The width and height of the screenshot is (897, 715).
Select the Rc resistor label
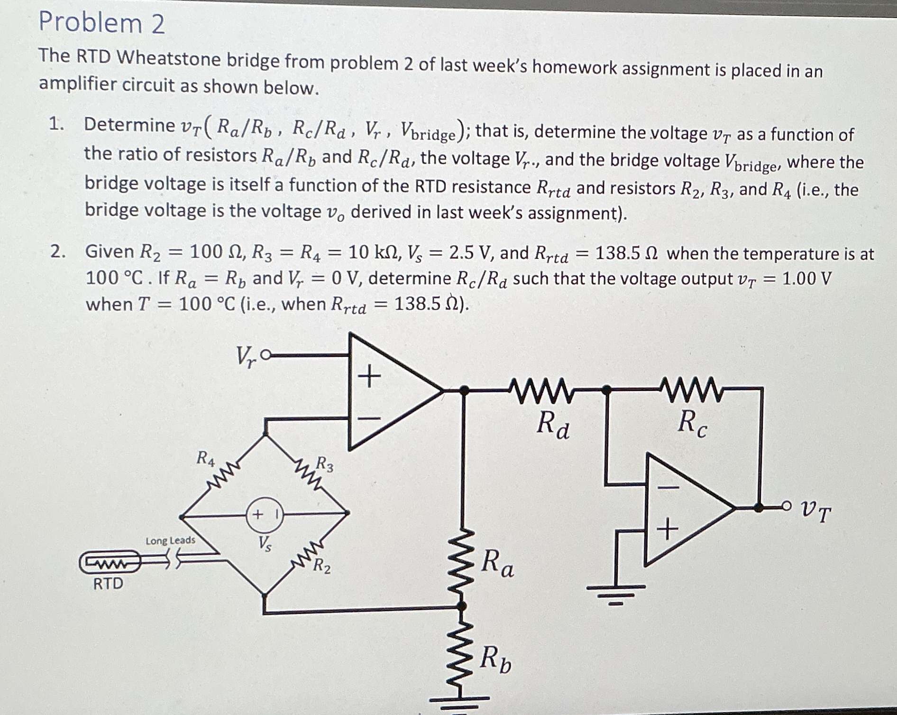(692, 423)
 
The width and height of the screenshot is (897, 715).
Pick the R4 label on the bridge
(206, 459)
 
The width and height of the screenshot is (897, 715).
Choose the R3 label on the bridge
(325, 464)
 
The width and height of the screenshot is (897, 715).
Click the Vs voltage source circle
(264, 514)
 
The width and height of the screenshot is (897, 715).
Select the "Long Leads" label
(170, 540)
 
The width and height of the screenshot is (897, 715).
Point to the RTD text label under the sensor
(108, 583)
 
